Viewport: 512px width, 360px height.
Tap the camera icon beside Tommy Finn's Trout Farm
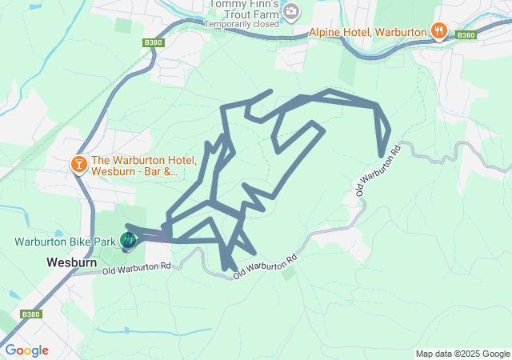click(291, 11)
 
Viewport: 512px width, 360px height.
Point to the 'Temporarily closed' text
click(242, 24)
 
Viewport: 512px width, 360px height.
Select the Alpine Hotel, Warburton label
click(371, 32)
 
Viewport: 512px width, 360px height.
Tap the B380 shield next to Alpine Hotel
click(465, 35)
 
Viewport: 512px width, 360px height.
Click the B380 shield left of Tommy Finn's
click(154, 42)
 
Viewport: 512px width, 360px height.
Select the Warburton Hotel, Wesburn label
click(136, 165)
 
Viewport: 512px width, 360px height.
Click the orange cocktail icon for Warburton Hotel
click(79, 165)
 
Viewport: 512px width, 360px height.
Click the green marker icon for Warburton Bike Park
click(128, 239)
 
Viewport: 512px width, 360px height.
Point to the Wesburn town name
click(72, 262)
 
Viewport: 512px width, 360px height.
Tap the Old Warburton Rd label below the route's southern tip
click(266, 267)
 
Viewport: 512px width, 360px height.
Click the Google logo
click(26, 350)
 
